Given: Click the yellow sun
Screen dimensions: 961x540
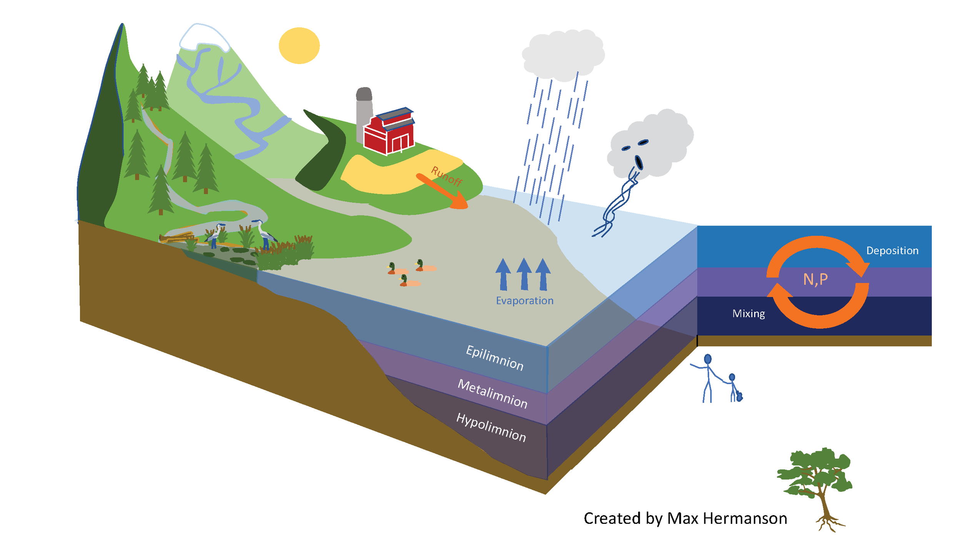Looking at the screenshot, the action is click(x=299, y=45).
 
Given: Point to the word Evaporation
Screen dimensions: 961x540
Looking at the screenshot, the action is click(x=524, y=300).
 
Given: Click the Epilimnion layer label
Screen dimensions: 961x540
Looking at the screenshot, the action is click(x=495, y=358).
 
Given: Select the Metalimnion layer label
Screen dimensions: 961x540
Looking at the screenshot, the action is click(x=492, y=394).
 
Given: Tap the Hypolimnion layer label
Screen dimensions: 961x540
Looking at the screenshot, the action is click(x=491, y=427).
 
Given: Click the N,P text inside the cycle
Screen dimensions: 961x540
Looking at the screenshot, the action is click(x=815, y=279).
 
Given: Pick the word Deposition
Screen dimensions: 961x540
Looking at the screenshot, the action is click(x=892, y=250).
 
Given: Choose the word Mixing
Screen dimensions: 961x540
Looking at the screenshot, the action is click(x=748, y=313).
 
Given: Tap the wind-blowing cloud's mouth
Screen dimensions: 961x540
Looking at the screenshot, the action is click(x=638, y=162).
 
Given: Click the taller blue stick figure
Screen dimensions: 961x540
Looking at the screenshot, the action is click(x=708, y=378).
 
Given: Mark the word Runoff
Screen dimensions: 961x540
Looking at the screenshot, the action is click(x=446, y=176).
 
